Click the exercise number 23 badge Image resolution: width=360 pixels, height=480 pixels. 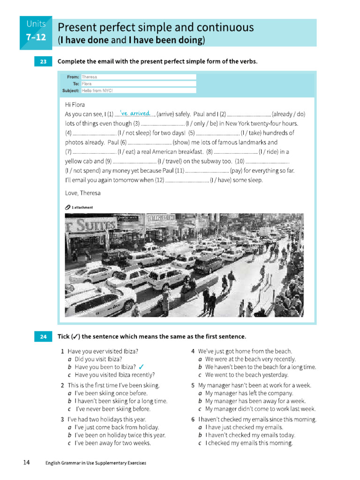pos(43,61)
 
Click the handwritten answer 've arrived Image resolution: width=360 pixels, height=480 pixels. pos(135,113)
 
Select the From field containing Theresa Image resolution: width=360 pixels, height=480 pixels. pos(138,77)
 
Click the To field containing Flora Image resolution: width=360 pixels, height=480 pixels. pos(138,83)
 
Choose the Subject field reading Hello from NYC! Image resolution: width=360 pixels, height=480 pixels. pos(138,90)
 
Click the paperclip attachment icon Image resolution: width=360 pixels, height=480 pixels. pos(68,207)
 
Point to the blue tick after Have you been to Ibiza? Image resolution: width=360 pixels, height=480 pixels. pos(142,367)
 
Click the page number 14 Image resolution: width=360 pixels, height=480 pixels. pos(26,463)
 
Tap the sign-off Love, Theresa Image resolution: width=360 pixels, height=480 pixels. pos(82,193)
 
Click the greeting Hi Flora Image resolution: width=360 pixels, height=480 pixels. pos(75,105)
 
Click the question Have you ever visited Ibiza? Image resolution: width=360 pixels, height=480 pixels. pos(103,351)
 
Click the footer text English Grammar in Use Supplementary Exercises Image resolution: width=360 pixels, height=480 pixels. pos(96,463)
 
